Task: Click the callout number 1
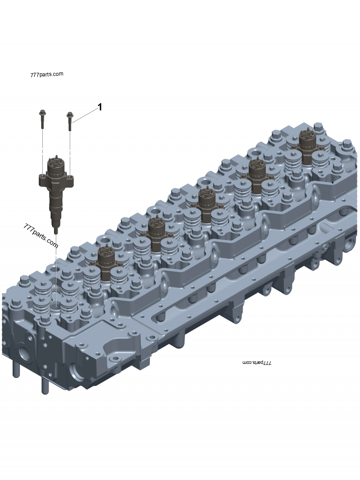(x=100, y=107)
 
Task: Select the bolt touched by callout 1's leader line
(x=70, y=121)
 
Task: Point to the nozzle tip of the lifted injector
(x=55, y=230)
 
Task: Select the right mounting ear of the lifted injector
(x=70, y=180)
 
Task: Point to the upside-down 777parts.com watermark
(x=257, y=362)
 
